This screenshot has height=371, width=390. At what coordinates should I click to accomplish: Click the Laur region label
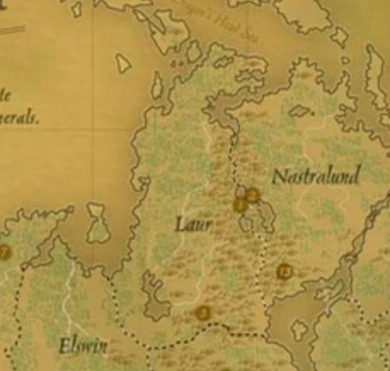tap(192, 225)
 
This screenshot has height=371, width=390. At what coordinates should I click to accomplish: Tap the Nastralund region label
tap(315, 177)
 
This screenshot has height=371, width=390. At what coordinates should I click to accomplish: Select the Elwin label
tap(83, 346)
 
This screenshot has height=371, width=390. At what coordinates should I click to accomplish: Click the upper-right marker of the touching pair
tap(252, 195)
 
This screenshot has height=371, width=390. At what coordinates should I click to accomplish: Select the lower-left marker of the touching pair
tap(240, 206)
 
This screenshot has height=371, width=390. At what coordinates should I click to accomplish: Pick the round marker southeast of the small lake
tap(284, 272)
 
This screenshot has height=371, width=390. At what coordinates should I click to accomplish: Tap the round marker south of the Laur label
tap(203, 313)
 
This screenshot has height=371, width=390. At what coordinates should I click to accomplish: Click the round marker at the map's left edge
tap(4, 252)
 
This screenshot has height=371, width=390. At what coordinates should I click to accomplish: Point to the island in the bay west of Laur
tap(99, 223)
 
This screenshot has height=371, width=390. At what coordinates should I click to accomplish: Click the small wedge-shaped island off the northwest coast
tap(123, 63)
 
